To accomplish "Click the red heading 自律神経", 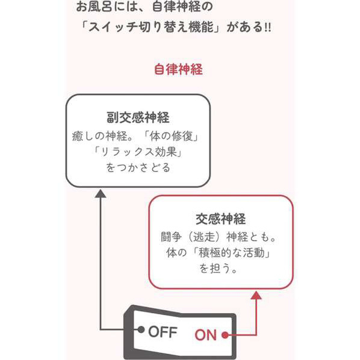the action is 178,69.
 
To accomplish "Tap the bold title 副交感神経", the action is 138,117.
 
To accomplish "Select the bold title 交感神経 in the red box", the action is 221,219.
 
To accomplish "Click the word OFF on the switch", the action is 163,332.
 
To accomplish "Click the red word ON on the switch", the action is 206,335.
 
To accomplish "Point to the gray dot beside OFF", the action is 141,330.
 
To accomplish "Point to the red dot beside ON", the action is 226,335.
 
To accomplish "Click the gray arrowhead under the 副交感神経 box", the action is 101,194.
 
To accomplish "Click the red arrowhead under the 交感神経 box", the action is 256,295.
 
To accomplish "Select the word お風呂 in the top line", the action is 94,6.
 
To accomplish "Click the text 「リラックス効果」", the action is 138,152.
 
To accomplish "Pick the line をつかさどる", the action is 138,167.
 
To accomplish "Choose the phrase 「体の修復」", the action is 170,136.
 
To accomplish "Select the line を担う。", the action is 218,268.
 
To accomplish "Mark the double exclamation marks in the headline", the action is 268,28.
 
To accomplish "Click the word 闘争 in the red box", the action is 172,237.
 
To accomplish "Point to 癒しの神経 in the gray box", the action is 99,136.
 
